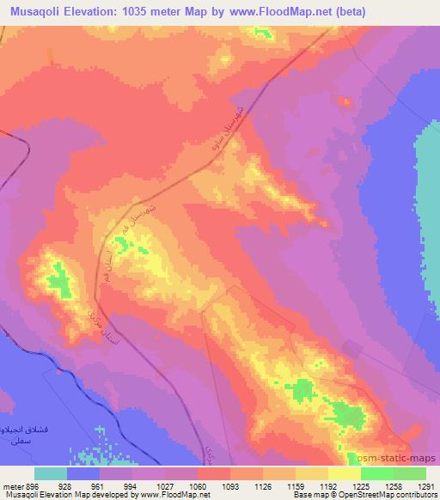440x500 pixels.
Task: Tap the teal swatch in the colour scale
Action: [51, 473]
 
